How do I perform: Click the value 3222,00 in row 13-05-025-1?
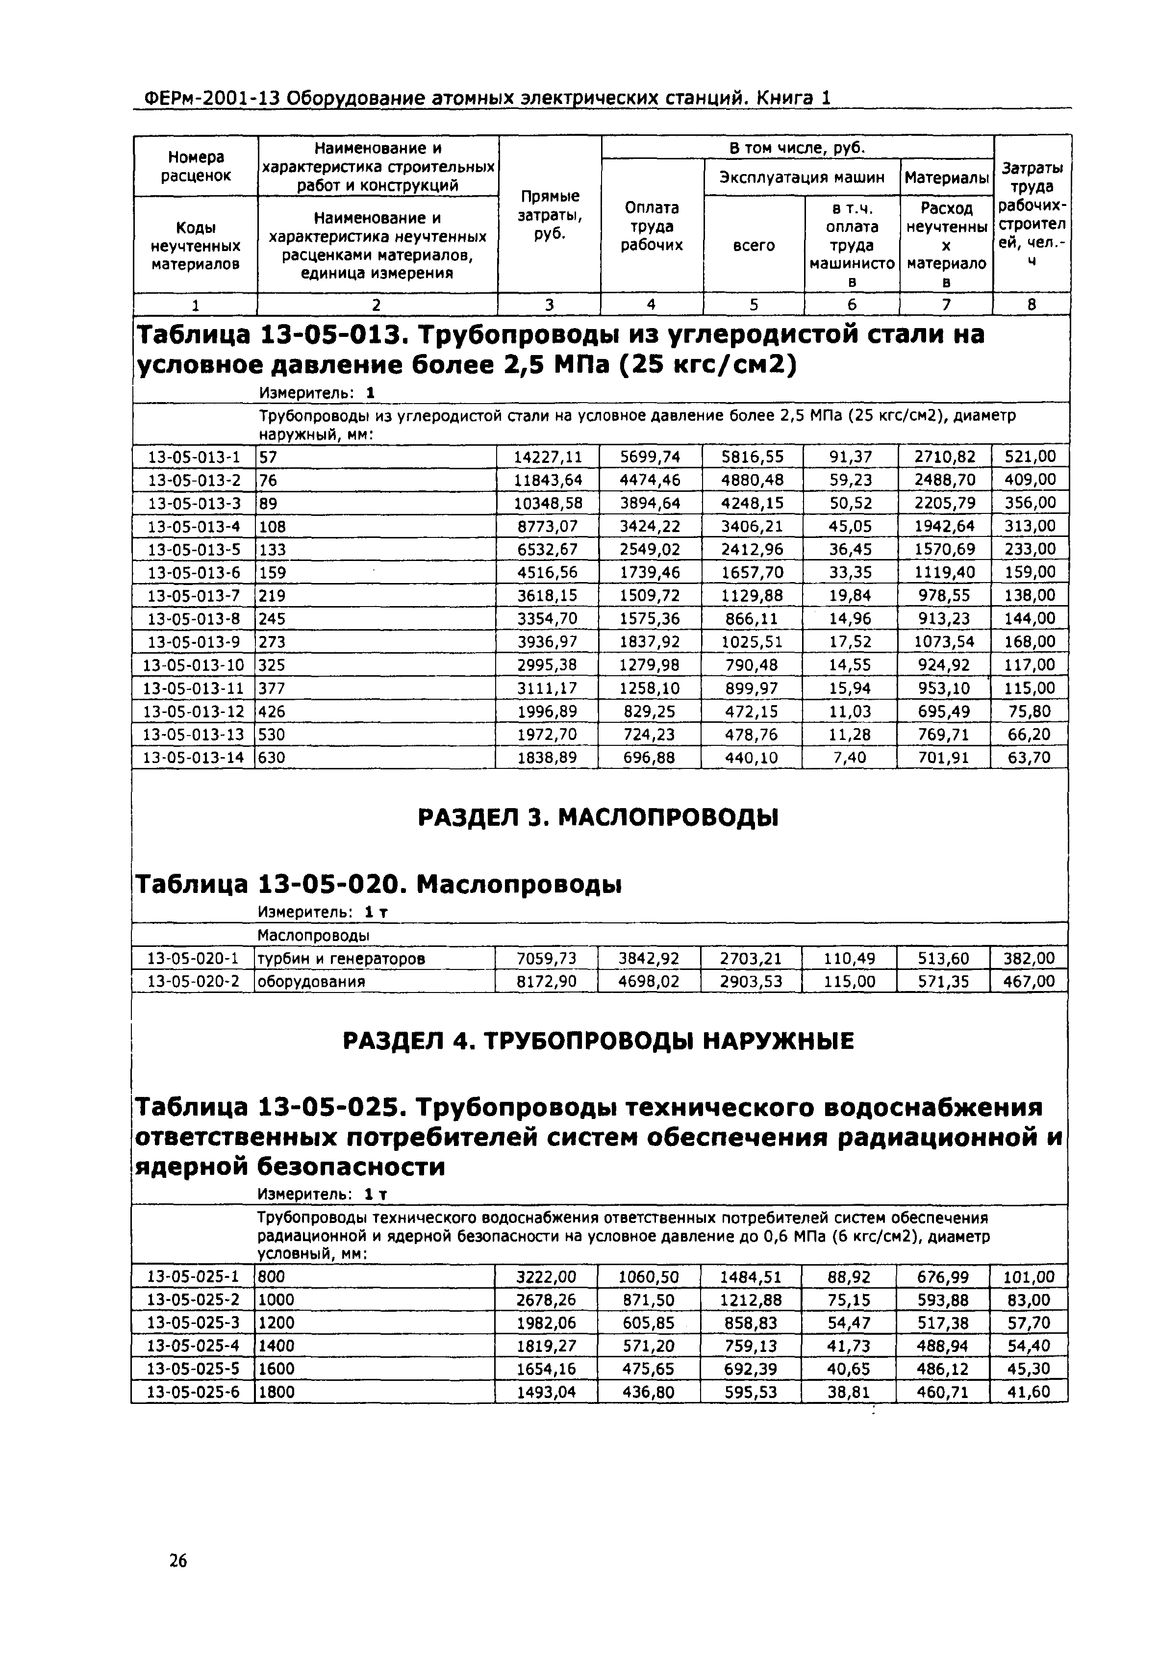tap(546, 1276)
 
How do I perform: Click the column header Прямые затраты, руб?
tap(550, 215)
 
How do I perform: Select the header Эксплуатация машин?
tap(802, 177)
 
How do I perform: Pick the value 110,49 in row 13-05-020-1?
tap(849, 959)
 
